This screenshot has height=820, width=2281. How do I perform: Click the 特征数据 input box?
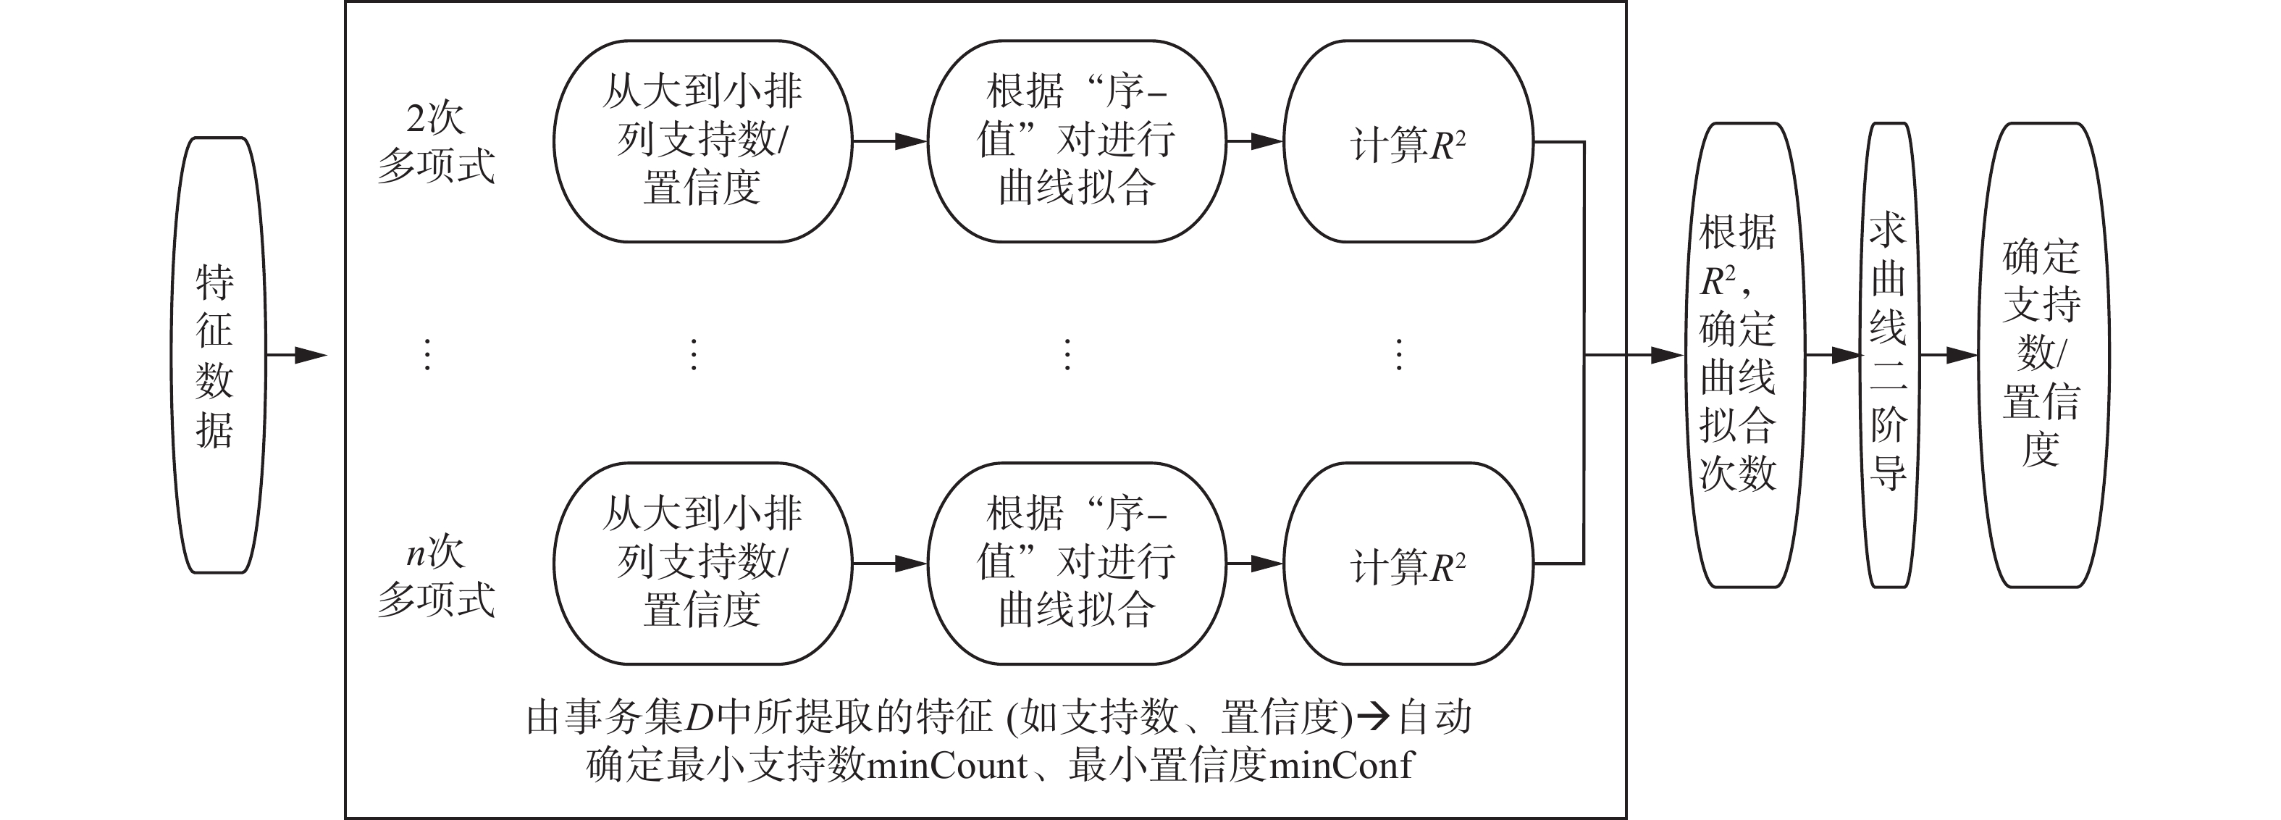click(x=218, y=355)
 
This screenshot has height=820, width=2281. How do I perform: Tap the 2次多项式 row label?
click(x=436, y=143)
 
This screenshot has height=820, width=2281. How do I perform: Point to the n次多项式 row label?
click(x=436, y=576)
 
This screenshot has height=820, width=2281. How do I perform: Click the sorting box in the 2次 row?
click(x=702, y=141)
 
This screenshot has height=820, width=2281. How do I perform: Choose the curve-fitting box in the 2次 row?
click(x=1076, y=141)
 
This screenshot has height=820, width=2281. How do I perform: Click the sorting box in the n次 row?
click(x=702, y=563)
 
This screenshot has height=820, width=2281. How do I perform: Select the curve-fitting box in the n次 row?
click(x=1076, y=563)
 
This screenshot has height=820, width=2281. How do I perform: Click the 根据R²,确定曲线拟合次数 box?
click(x=1737, y=354)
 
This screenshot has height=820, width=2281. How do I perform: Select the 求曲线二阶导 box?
click(x=1887, y=354)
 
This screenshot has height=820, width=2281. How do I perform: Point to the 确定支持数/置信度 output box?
click(x=2042, y=354)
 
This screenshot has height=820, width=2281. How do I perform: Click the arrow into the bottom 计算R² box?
click(x=1255, y=563)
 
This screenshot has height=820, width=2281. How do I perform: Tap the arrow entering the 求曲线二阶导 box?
click(x=1831, y=355)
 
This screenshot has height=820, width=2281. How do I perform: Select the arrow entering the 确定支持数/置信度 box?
click(x=1946, y=355)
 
